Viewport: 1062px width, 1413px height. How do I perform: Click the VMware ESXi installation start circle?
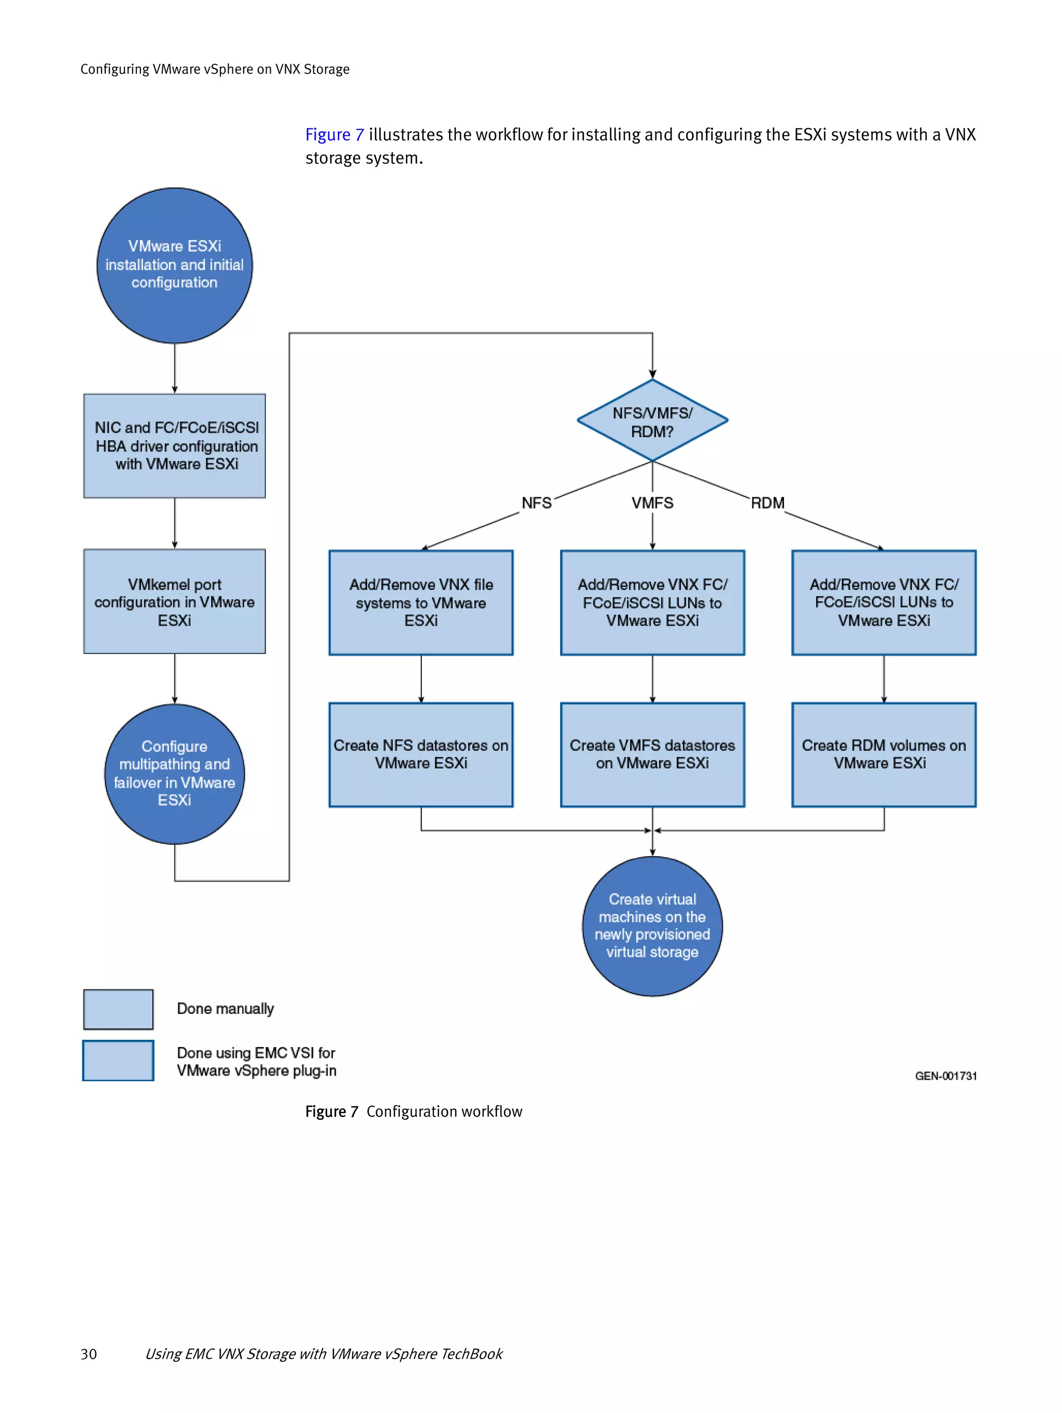point(174,265)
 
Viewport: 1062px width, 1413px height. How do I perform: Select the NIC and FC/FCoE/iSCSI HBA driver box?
point(174,446)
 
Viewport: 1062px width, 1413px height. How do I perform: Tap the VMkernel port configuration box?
point(174,602)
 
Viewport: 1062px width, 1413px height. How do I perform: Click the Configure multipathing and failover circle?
point(174,773)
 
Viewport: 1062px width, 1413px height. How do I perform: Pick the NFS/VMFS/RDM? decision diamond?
point(652,421)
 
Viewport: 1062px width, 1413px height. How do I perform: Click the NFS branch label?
point(536,503)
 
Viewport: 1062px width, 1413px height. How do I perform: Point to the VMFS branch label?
point(652,503)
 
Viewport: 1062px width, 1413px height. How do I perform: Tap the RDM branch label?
point(767,503)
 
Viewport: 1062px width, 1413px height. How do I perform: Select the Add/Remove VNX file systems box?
point(421,602)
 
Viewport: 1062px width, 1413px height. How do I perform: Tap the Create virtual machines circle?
point(652,926)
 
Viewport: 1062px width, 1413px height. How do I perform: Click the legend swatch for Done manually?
point(118,1009)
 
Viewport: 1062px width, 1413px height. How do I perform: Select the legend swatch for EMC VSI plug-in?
point(118,1061)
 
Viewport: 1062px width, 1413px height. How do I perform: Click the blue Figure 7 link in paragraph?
point(334,135)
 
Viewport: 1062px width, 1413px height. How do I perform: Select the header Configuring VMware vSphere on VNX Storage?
point(215,69)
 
